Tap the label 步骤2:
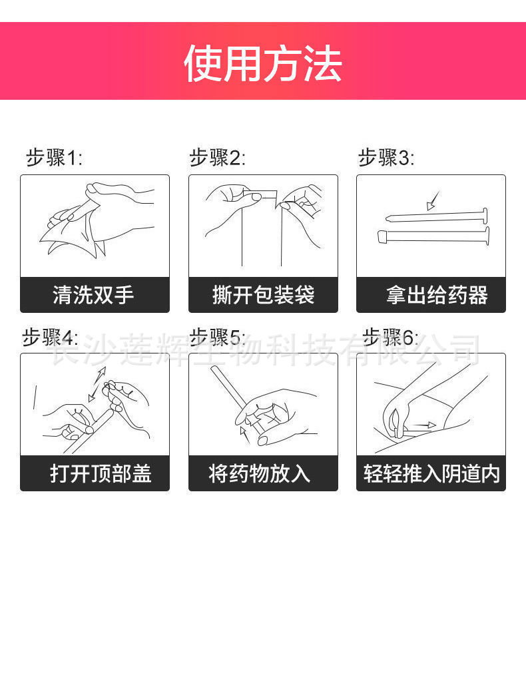[217, 158]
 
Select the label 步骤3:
[386, 158]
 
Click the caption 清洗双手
[94, 295]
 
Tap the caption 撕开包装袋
[263, 295]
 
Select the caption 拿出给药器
[437, 295]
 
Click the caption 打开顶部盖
[101, 474]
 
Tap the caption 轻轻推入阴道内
[431, 474]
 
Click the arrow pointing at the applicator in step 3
[433, 199]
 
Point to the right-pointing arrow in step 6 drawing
[423, 425]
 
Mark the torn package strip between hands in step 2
[260, 195]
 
